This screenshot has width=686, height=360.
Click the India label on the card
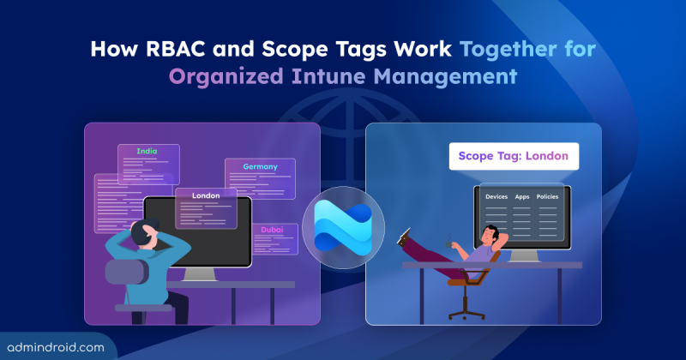(147, 152)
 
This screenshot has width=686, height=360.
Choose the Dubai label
(273, 231)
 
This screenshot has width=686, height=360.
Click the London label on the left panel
(206, 195)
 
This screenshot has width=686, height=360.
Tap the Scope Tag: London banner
(514, 156)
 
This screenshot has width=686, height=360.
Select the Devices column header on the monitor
(496, 197)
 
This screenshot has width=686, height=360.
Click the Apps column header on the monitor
(523, 197)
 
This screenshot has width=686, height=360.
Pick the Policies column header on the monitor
(548, 197)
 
